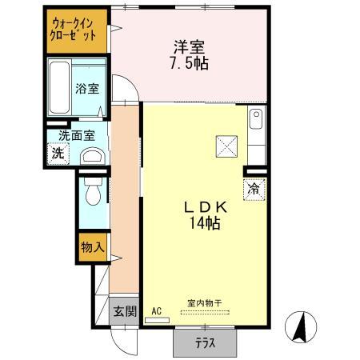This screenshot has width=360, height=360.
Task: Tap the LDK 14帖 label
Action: coord(206,215)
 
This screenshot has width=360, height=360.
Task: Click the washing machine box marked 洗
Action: coord(58,154)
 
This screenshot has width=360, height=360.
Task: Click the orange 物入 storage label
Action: coord(92,249)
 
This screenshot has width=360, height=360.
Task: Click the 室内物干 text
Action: coord(204,302)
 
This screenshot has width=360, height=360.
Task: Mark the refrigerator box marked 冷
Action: coord(254,190)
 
